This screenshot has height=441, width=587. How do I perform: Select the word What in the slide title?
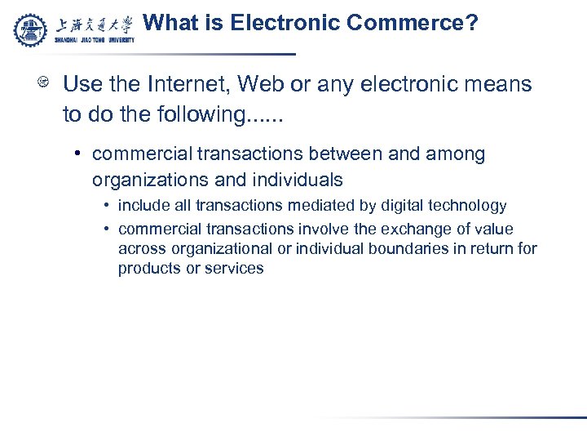(x=170, y=23)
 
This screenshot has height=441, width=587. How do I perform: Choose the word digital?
(x=398, y=206)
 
